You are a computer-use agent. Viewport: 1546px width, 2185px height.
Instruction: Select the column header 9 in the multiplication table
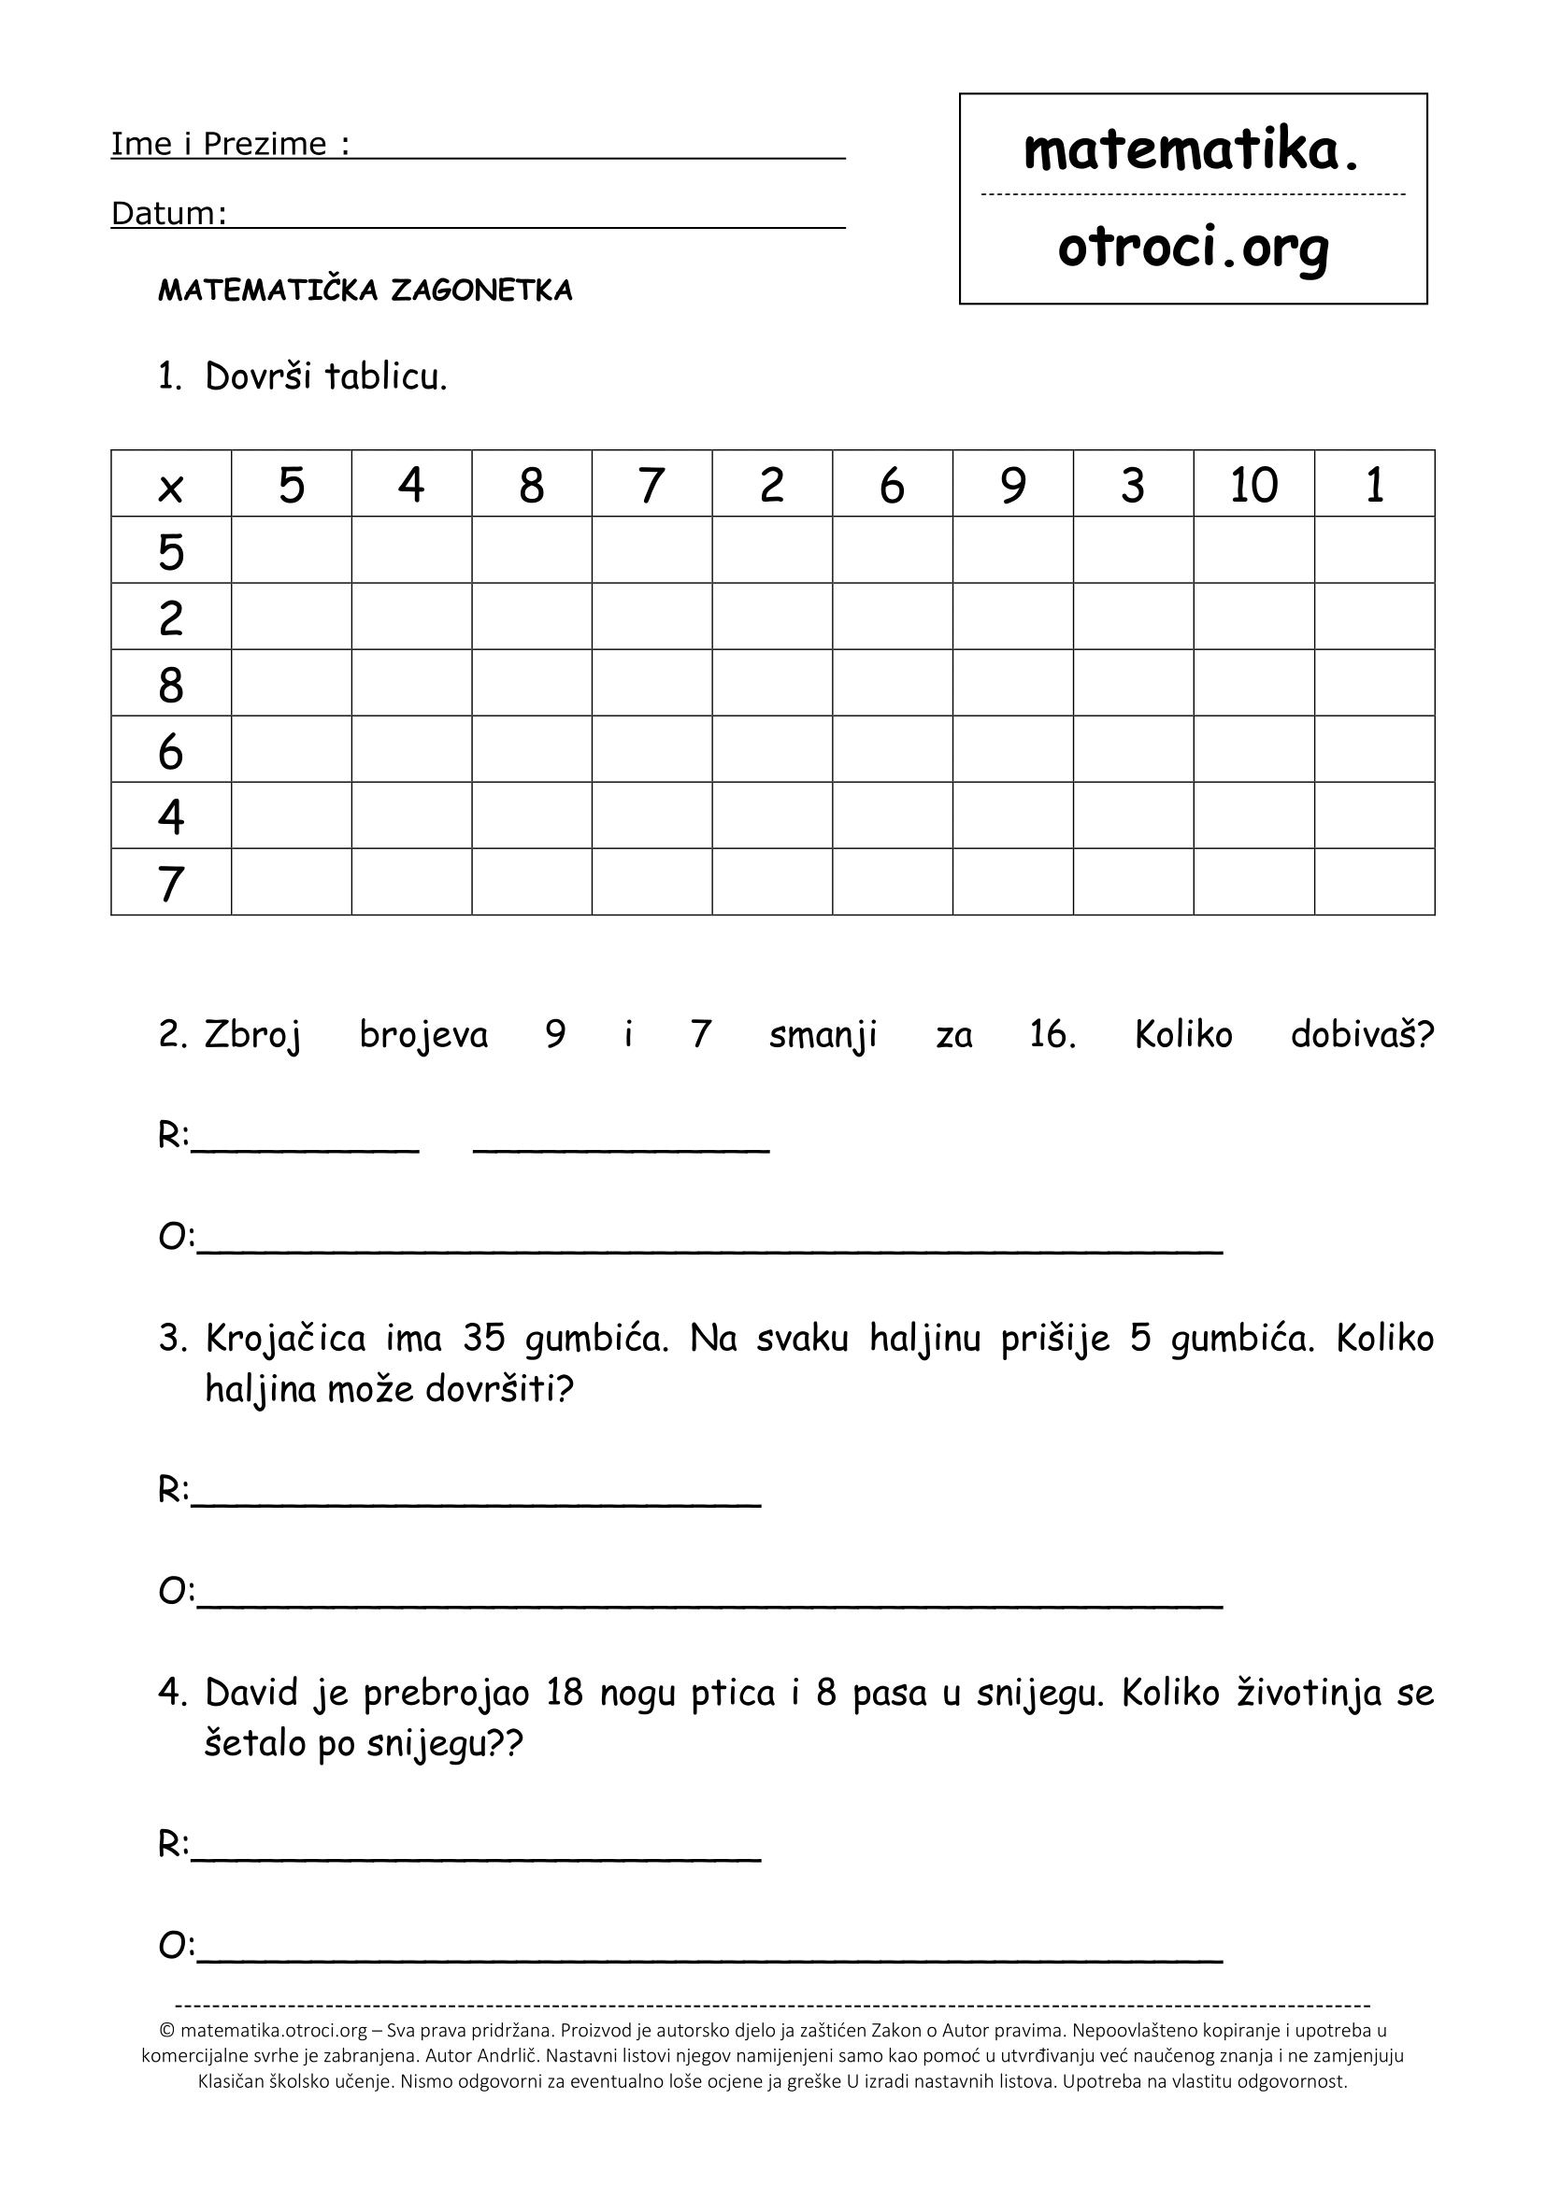click(x=1013, y=486)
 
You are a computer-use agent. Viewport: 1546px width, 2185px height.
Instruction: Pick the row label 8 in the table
click(x=170, y=684)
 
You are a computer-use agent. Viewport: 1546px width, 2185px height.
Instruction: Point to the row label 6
click(x=170, y=751)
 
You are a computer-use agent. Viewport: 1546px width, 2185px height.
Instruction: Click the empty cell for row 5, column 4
click(x=411, y=550)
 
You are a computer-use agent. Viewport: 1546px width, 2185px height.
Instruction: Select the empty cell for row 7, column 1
click(x=1374, y=882)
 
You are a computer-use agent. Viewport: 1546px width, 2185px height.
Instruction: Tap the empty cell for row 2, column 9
click(x=1013, y=617)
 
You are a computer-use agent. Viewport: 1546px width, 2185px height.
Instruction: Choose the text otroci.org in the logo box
click(x=1192, y=248)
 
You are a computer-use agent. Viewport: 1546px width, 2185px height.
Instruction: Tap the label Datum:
click(x=168, y=214)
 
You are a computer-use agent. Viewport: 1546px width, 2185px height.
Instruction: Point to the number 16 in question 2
click(x=1052, y=1034)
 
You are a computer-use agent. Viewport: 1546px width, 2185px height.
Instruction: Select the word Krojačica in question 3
click(x=286, y=1340)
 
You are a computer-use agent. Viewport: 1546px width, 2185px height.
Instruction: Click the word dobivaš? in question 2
click(x=1361, y=1034)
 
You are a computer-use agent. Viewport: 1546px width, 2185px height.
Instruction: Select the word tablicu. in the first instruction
click(x=385, y=377)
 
